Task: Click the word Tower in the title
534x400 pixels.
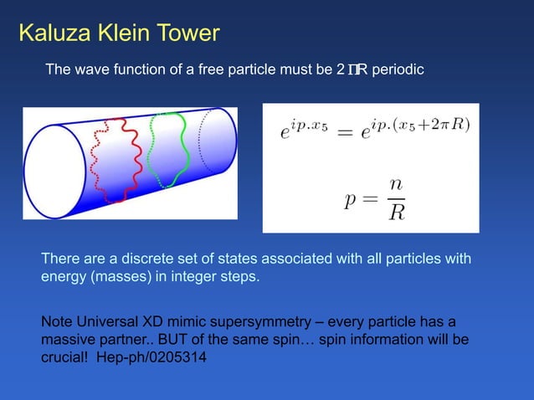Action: [x=181, y=33]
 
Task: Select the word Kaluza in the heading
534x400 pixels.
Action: [x=50, y=33]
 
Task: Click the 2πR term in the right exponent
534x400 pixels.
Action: [x=450, y=126]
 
